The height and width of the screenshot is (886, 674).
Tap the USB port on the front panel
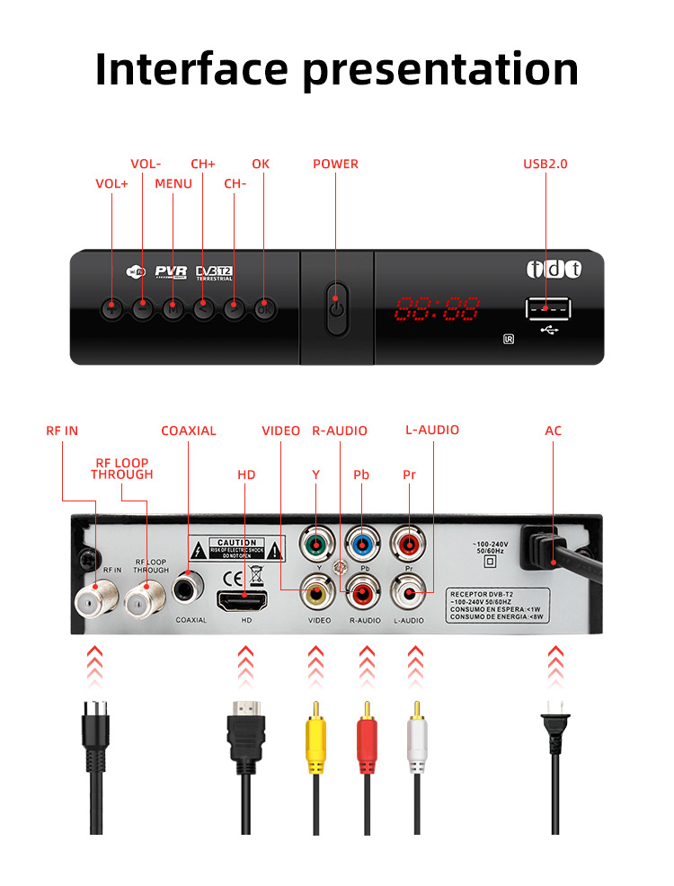click(547, 309)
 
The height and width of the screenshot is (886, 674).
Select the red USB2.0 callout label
click(545, 164)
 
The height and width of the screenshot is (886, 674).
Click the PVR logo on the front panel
click(170, 271)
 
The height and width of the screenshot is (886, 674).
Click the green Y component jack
click(315, 544)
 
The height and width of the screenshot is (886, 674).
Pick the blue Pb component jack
click(362, 544)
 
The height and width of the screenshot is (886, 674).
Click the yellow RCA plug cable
click(315, 741)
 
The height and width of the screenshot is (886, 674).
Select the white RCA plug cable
click(414, 741)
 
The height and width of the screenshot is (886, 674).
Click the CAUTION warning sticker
click(237, 549)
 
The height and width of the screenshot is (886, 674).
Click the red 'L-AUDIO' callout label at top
click(432, 430)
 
